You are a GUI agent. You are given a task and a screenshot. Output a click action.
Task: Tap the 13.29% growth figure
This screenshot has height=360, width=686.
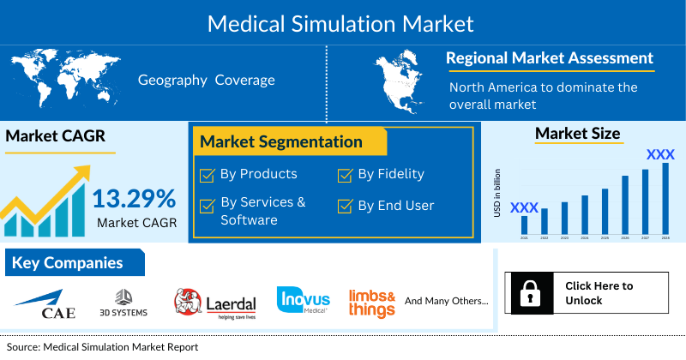tap(134, 198)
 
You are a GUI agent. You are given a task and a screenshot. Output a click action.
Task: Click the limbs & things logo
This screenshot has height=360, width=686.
tap(371, 303)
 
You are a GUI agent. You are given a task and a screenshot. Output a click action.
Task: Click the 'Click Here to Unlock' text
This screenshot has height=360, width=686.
tap(599, 293)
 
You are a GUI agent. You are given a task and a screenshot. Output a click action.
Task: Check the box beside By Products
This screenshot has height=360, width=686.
tap(207, 176)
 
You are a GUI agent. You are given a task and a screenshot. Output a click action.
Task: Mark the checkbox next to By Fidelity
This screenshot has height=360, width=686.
tap(345, 176)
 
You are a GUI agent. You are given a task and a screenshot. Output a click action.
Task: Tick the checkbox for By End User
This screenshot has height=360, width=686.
tap(345, 207)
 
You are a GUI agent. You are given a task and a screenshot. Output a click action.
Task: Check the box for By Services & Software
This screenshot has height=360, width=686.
tap(207, 207)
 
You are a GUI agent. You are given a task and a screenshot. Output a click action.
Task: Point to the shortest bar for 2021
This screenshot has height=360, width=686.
tap(524, 225)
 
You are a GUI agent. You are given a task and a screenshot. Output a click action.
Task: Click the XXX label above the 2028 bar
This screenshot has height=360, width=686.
tap(659, 155)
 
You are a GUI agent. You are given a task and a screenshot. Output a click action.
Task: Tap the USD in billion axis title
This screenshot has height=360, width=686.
tap(497, 193)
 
